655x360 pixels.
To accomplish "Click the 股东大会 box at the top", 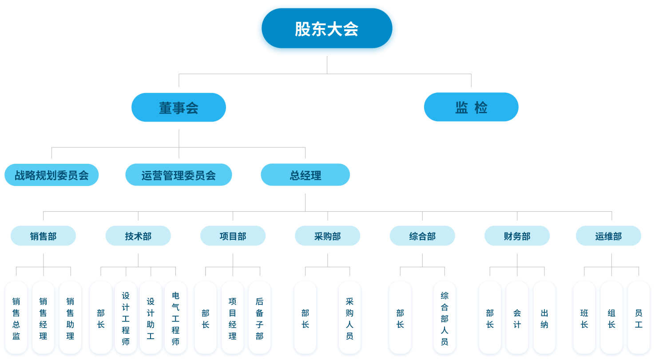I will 327,30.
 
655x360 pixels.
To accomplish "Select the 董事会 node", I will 179,107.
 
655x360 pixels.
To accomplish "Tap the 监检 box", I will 471,107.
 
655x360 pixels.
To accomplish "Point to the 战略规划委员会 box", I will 52,175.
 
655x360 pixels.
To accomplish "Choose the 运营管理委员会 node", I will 179,175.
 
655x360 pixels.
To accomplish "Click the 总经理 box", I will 305,175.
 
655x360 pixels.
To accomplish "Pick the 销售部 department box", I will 43,236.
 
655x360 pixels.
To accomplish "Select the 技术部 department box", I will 138,236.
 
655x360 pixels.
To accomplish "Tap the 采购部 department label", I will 328,236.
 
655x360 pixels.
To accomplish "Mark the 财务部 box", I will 517,236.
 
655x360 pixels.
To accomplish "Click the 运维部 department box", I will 608,236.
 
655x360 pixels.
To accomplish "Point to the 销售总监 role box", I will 16,318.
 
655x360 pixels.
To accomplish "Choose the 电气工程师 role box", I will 175,318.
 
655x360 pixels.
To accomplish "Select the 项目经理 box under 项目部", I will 233,318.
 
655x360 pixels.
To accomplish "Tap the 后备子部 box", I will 259,318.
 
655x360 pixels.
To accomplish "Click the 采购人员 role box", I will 349,318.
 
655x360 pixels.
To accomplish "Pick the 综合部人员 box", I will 445,318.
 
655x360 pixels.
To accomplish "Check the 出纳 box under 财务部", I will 544,318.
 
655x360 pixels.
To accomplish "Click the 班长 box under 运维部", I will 584,318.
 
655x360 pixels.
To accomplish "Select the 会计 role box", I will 517,318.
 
